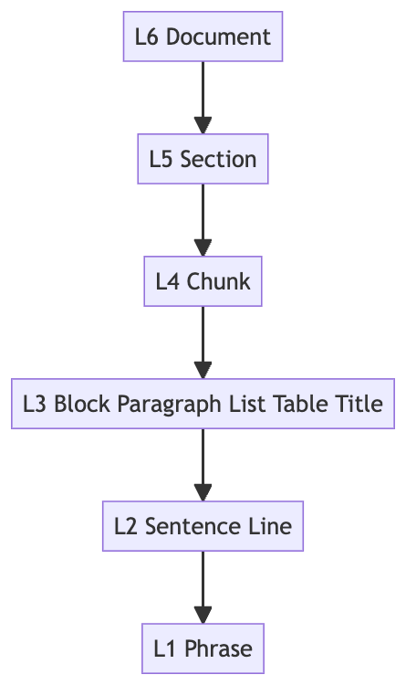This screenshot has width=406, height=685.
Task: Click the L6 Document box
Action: (203, 37)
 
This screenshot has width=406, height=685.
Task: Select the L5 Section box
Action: (203, 160)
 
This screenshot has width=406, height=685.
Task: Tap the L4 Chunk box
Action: (203, 281)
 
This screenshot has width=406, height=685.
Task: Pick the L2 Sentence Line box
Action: (203, 526)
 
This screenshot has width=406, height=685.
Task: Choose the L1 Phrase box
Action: (203, 648)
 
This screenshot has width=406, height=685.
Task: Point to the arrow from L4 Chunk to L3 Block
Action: (203, 342)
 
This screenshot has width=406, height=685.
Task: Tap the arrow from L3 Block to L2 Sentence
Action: (203, 465)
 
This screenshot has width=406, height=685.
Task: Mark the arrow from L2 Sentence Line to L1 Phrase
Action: (203, 587)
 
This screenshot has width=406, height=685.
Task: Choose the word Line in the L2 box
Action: (272, 526)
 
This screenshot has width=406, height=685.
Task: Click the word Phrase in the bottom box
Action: (218, 648)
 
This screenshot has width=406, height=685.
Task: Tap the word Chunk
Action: (219, 281)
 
